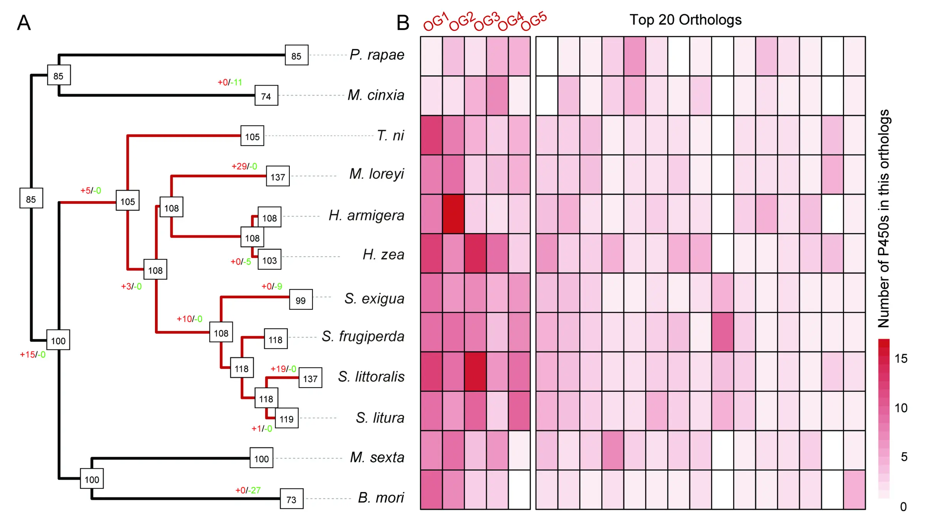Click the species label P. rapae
pyautogui.click(x=377, y=55)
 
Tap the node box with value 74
pyautogui.click(x=266, y=96)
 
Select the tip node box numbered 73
pyautogui.click(x=291, y=499)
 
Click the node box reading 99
pyautogui.click(x=301, y=300)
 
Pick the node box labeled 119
pyautogui.click(x=286, y=418)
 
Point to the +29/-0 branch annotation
pyautogui.click(x=244, y=166)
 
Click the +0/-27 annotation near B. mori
pyautogui.click(x=248, y=490)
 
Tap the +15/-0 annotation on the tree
pyautogui.click(x=33, y=355)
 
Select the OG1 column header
pyautogui.click(x=436, y=22)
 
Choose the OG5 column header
pyautogui.click(x=534, y=21)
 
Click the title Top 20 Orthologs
pyautogui.click(x=685, y=20)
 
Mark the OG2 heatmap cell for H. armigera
pyautogui.click(x=453, y=214)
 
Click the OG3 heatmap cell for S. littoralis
pyautogui.click(x=475, y=371)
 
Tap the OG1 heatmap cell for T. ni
pyautogui.click(x=431, y=135)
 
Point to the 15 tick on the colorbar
pyautogui.click(x=901, y=359)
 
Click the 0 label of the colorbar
pyautogui.click(x=903, y=507)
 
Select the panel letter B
pyautogui.click(x=403, y=23)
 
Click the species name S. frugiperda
pyautogui.click(x=363, y=337)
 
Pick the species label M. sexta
pyautogui.click(x=377, y=458)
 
